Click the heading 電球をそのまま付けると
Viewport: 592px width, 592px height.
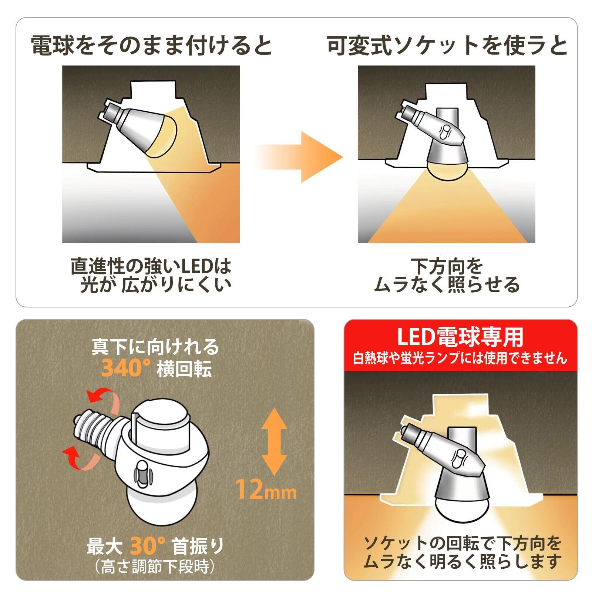152,46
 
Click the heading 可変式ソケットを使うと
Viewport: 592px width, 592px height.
447,46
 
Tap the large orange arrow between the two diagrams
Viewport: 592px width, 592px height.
299,157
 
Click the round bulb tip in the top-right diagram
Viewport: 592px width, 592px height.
446,171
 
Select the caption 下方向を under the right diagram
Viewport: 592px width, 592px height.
447,266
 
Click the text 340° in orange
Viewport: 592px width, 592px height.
126,368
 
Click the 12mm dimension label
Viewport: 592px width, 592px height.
266,489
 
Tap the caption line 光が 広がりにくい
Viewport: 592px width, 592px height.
156,285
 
